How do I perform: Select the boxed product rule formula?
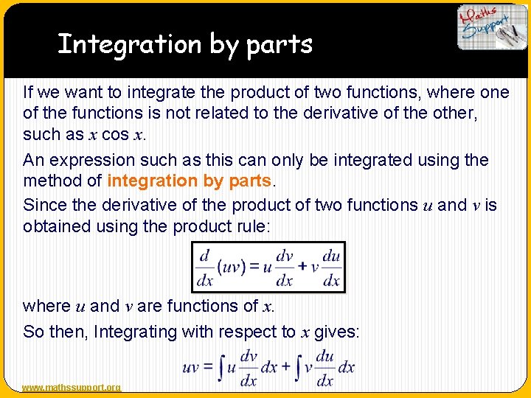[x=268, y=267]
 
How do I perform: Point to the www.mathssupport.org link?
[x=72, y=388]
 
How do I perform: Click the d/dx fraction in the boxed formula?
[x=204, y=267]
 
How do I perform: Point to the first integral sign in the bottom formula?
[x=221, y=368]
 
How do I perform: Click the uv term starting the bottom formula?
[x=191, y=368]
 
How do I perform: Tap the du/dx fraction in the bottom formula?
[x=324, y=368]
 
